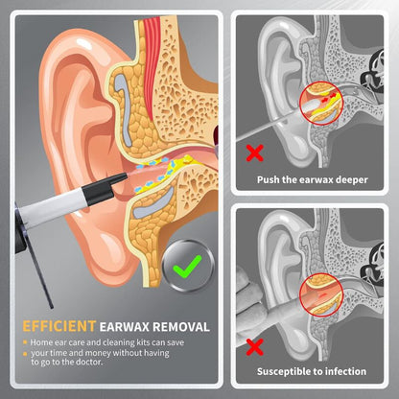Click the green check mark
pyautogui.click(x=186, y=267)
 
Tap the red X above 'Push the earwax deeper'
pyautogui.click(x=255, y=153)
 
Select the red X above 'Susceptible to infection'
pyautogui.click(x=255, y=347)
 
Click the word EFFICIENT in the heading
pyautogui.click(x=59, y=326)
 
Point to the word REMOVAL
pyautogui.click(x=181, y=327)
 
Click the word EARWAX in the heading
pyautogui.click(x=125, y=327)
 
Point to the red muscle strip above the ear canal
pyautogui.click(x=152, y=60)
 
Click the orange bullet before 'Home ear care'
pyautogui.click(x=25, y=342)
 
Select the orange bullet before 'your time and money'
pyautogui.click(x=25, y=354)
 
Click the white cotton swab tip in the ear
pyautogui.click(x=310, y=106)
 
